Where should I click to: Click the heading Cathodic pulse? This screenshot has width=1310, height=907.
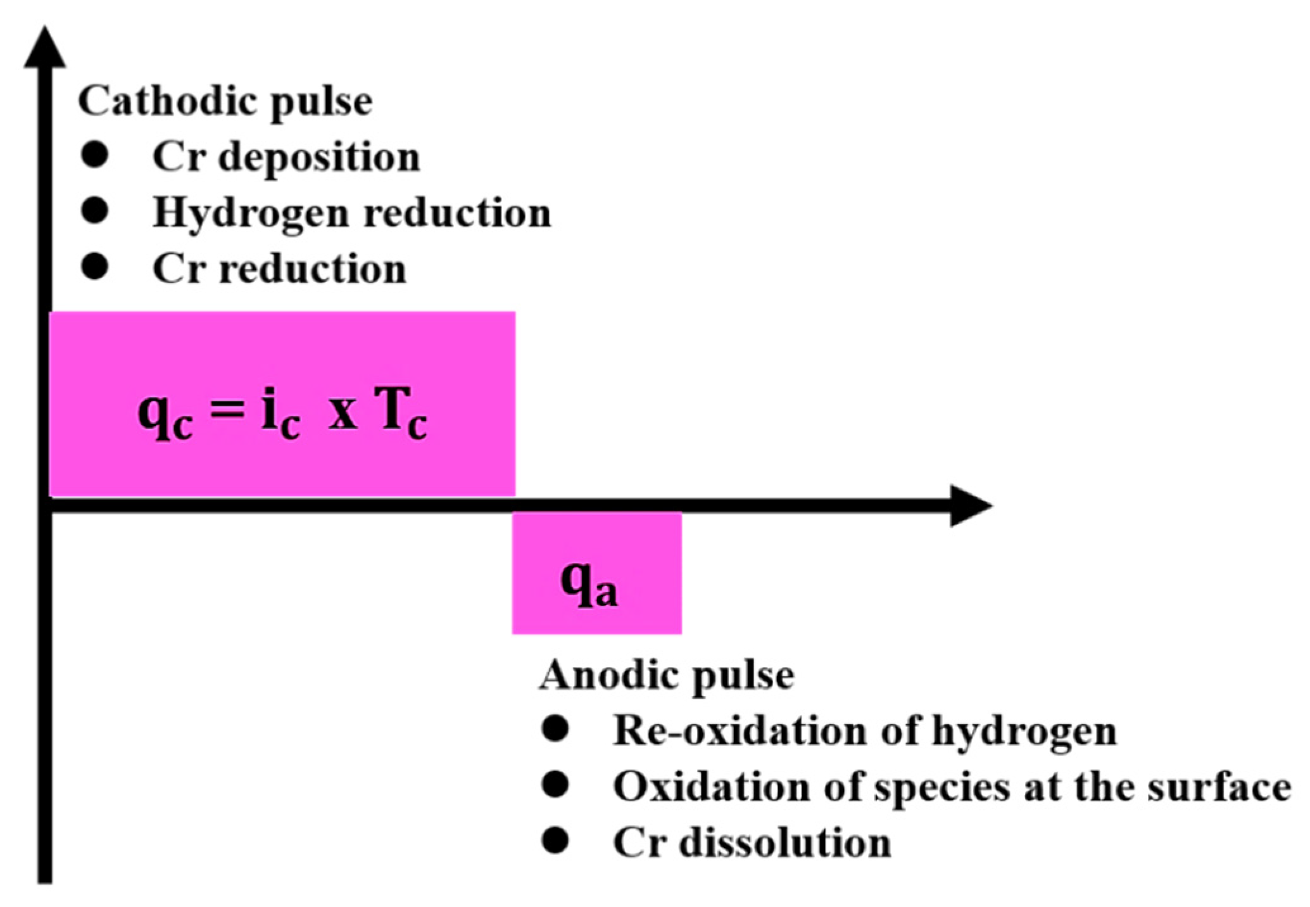[225, 102]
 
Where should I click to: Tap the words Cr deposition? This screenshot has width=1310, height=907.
[286, 157]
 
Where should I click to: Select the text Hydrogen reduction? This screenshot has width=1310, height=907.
[351, 213]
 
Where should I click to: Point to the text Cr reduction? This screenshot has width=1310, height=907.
[279, 269]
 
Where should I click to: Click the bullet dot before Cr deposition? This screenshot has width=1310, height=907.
[95, 155]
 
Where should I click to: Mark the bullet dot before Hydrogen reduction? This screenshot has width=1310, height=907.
[95, 210]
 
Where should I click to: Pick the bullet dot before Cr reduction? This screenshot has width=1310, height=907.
[95, 267]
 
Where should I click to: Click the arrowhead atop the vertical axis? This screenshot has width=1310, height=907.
[44, 48]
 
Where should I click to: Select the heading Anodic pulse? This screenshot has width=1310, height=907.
[667, 676]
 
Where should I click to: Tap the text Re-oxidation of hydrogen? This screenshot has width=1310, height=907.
[864, 732]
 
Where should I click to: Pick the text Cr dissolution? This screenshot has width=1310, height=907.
[752, 843]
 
